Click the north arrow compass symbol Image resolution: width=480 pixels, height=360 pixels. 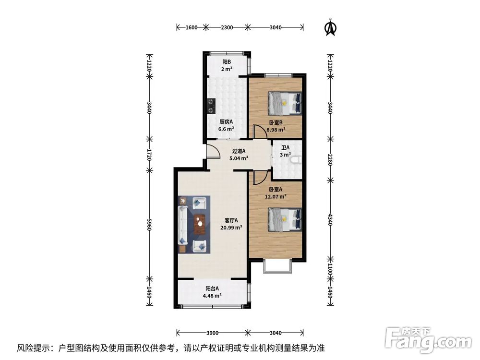(x=330, y=27)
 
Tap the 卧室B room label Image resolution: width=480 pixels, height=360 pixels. (x=276, y=122)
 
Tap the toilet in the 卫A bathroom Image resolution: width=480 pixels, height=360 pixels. (x=298, y=159)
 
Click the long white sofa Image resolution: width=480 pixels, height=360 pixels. (x=183, y=225)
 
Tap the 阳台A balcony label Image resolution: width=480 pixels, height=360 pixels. (x=213, y=288)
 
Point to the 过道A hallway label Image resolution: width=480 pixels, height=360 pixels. (x=239, y=151)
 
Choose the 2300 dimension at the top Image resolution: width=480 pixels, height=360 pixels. (x=227, y=27)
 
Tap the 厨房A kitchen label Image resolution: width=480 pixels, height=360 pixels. (x=226, y=121)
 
